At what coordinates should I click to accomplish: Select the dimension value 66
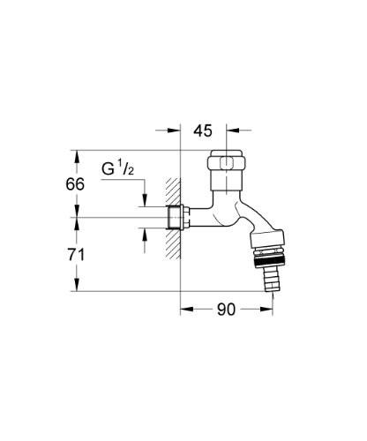pos(78,184)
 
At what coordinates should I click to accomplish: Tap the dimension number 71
pos(78,254)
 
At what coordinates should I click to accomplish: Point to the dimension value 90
pos(227,310)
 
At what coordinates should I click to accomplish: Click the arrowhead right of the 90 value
pos(262,310)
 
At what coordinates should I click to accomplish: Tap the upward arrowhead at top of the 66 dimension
pos(78,156)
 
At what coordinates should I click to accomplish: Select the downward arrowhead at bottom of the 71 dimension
pos(78,287)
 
